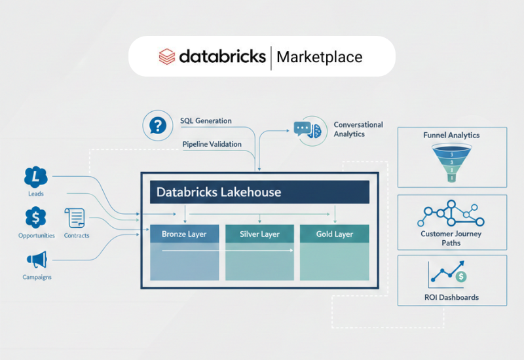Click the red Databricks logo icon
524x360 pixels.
click(167, 56)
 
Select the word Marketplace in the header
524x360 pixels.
click(319, 57)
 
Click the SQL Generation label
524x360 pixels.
click(206, 121)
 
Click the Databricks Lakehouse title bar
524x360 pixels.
click(260, 192)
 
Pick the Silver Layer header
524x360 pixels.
click(259, 234)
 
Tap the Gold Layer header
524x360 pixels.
click(334, 234)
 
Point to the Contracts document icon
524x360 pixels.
click(75, 219)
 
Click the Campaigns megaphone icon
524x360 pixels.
click(35, 260)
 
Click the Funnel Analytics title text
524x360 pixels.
click(451, 135)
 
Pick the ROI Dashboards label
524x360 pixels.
click(451, 297)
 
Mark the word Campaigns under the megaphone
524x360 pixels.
click(35, 277)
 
